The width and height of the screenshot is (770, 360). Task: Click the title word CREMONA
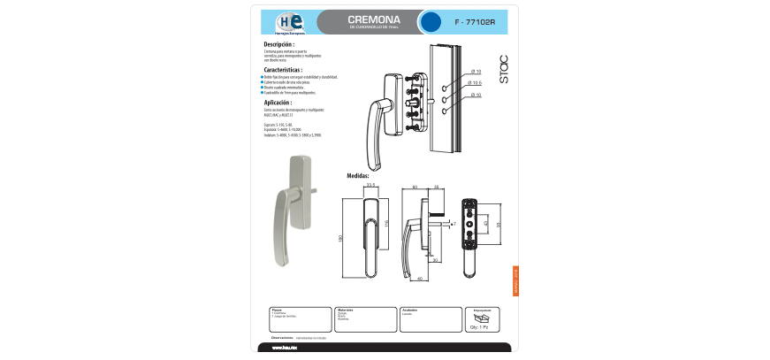point(374,19)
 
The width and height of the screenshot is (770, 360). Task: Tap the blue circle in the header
point(431,22)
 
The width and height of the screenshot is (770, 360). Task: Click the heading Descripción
point(279,44)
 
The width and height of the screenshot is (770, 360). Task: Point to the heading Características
point(283,69)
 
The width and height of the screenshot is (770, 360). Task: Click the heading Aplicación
point(278,103)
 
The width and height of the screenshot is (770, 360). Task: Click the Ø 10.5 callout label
point(476,83)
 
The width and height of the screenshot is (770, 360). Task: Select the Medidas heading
point(358,176)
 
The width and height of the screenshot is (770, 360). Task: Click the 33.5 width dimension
point(371,186)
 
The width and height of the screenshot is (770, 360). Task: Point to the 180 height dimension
point(339,238)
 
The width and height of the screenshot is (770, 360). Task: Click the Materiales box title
point(346,310)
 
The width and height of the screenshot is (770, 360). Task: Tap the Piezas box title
point(277,310)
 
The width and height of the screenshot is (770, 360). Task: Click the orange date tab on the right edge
point(515,281)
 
